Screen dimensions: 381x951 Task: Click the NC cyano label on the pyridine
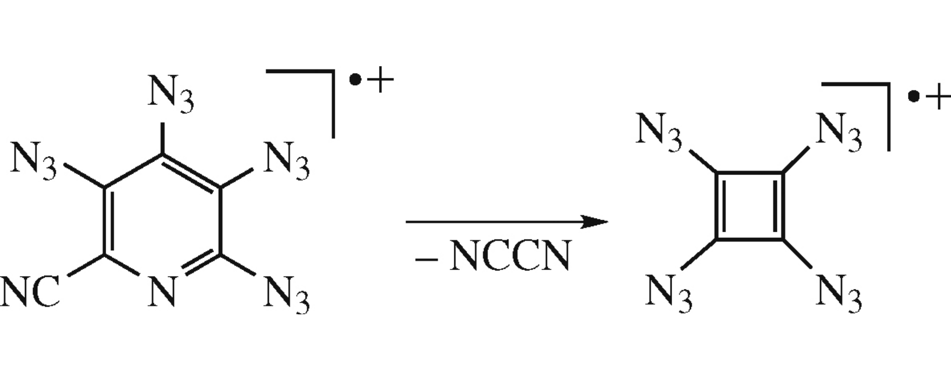click(x=30, y=293)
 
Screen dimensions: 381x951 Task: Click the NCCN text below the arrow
click(x=511, y=255)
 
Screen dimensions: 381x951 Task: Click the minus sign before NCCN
click(x=426, y=258)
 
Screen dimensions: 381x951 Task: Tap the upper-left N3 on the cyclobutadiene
click(x=659, y=132)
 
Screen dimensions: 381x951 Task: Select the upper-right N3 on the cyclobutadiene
click(x=838, y=132)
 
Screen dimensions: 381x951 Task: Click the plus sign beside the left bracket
click(x=381, y=80)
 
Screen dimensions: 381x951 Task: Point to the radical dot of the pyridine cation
click(x=355, y=80)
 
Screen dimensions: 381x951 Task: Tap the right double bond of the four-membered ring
click(x=778, y=206)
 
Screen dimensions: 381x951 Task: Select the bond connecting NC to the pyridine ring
click(x=86, y=265)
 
